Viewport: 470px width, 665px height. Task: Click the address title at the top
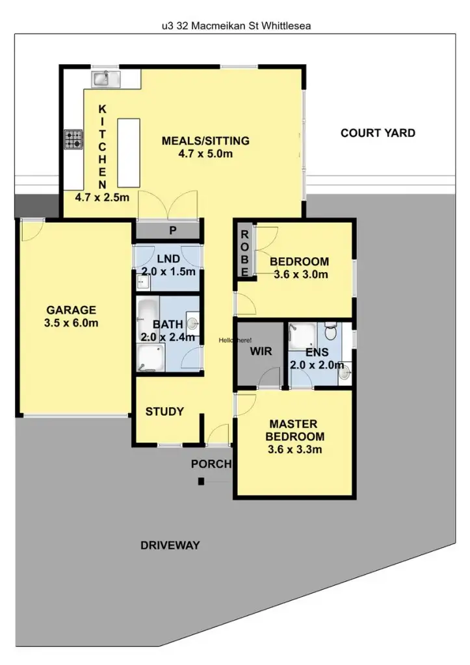pyautogui.click(x=234, y=26)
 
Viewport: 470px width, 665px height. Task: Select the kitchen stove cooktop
pyautogui.click(x=73, y=140)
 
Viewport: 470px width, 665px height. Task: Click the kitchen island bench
pyautogui.click(x=127, y=153)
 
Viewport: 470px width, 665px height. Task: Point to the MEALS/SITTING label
pyautogui.click(x=205, y=141)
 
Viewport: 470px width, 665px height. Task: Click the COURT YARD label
pyautogui.click(x=378, y=133)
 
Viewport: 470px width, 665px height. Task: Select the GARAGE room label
pyautogui.click(x=71, y=310)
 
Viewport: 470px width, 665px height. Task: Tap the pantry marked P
pyautogui.click(x=172, y=230)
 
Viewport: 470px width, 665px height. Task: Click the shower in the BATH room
pyautogui.click(x=151, y=358)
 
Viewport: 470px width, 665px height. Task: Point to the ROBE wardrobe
pyautogui.click(x=245, y=253)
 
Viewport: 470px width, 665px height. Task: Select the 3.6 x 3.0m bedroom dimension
pyautogui.click(x=299, y=274)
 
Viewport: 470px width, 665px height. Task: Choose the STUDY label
pyautogui.click(x=164, y=411)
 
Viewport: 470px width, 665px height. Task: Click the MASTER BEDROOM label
pyautogui.click(x=296, y=430)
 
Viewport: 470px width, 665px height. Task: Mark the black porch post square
pyautogui.click(x=202, y=481)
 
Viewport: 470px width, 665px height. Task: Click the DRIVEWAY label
pyautogui.click(x=170, y=546)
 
